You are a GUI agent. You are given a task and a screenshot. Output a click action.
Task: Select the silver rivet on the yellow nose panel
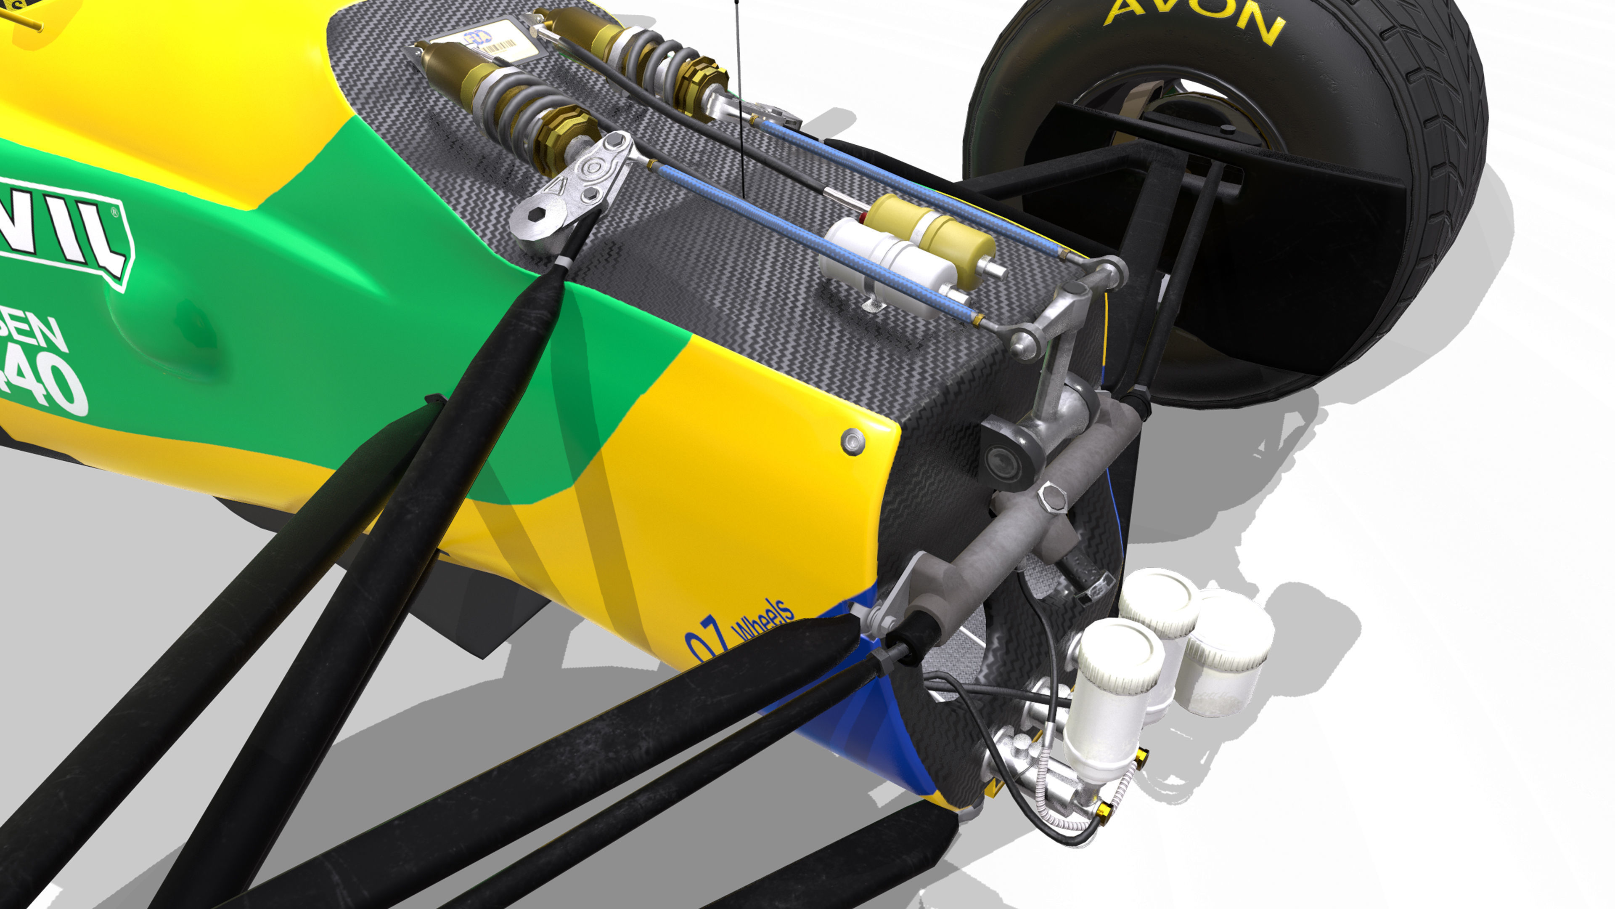(853, 441)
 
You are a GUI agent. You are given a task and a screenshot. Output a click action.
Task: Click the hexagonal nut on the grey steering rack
(1052, 499)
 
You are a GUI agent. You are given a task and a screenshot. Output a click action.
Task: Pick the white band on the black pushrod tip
(562, 262)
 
